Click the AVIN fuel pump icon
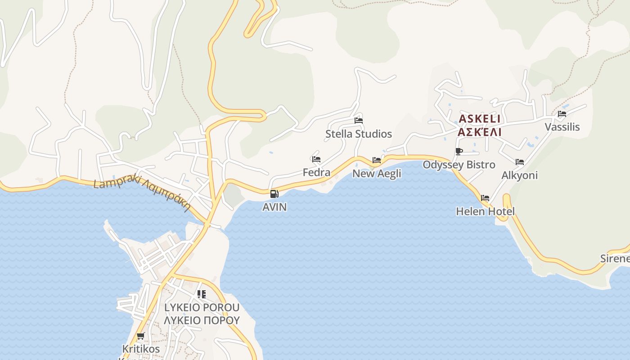pos(274,194)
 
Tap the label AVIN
pos(274,207)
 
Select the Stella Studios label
pos(359,134)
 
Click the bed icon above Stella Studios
pos(359,120)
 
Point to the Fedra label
pos(316,172)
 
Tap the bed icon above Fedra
pos(316,159)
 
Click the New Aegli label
pos(377,173)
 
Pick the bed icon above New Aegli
pos(377,160)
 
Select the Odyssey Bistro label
pos(459,165)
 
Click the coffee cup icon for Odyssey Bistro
pos(459,151)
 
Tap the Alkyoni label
pos(520,175)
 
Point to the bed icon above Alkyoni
pos(520,162)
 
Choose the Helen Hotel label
pos(485,211)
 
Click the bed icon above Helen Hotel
pos(485,198)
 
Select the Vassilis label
pos(562,127)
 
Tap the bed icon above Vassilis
pos(562,114)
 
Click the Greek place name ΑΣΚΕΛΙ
pos(480,132)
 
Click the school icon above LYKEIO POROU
pos(202,294)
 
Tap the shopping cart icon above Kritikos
pos(141,336)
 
